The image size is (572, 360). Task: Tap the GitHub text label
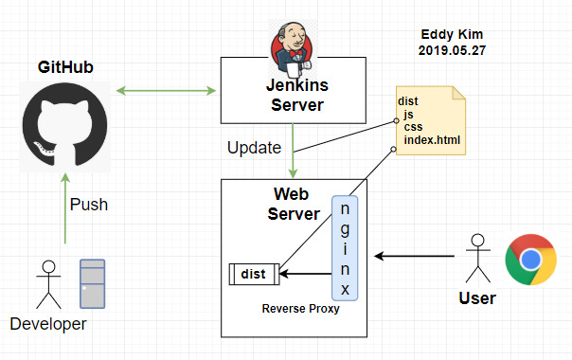pyautogui.click(x=64, y=67)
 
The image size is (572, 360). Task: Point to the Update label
pyautogui.click(x=254, y=149)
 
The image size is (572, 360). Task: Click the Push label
pyautogui.click(x=89, y=204)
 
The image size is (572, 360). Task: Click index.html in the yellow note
pyautogui.click(x=432, y=140)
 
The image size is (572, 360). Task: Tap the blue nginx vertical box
pyautogui.click(x=344, y=247)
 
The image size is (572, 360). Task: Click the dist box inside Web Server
pyautogui.click(x=253, y=275)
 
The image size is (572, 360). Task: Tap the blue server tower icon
pyautogui.click(x=92, y=283)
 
